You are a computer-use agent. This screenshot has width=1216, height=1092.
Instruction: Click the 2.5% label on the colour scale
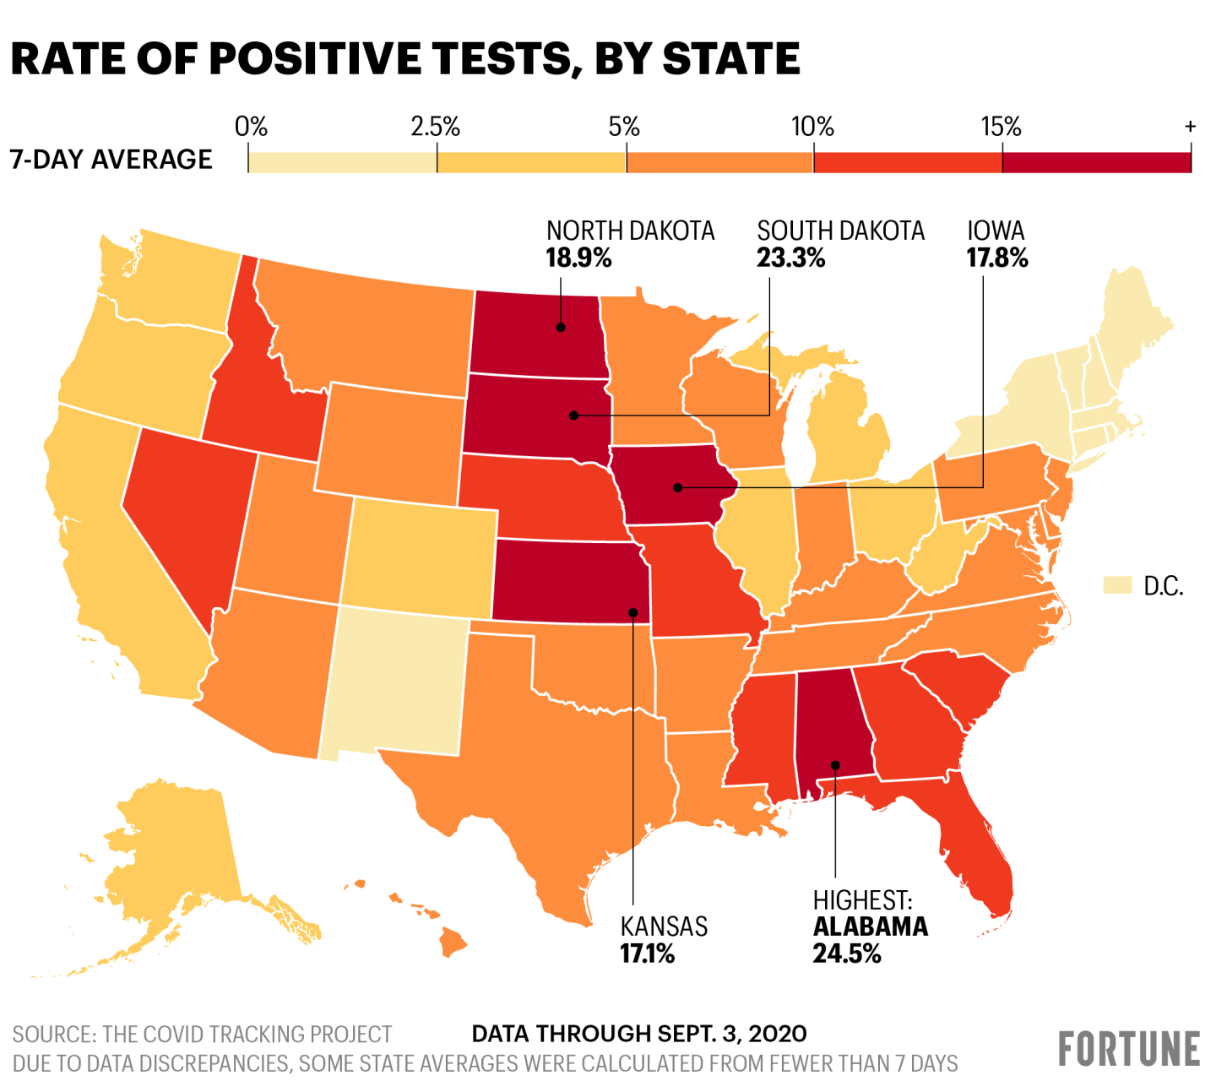pyautogui.click(x=435, y=128)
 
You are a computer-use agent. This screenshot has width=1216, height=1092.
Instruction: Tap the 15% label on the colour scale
pyautogui.click(x=1001, y=128)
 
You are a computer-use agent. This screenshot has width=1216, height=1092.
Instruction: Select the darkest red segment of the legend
pyautogui.click(x=1096, y=162)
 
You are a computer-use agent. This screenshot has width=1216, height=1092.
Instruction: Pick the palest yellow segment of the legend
pyautogui.click(x=342, y=162)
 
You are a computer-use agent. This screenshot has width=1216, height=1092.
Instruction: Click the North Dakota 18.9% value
pyautogui.click(x=578, y=258)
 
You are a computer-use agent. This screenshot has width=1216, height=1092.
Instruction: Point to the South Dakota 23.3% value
pyautogui.click(x=790, y=258)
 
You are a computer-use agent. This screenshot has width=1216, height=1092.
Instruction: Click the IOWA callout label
pyautogui.click(x=996, y=231)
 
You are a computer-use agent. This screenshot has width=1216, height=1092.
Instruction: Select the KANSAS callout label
pyautogui.click(x=664, y=926)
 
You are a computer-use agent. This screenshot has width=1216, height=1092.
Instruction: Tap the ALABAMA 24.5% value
pyautogui.click(x=847, y=954)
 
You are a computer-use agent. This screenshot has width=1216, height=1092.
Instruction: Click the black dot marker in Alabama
pyautogui.click(x=835, y=765)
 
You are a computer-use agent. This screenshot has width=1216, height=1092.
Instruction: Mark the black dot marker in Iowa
pyautogui.click(x=677, y=487)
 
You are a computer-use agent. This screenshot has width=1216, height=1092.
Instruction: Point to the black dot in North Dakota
pyautogui.click(x=560, y=326)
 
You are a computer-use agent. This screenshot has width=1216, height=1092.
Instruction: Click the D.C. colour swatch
pyautogui.click(x=1117, y=585)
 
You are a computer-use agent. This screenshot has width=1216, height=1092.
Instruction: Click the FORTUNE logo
pyautogui.click(x=1129, y=1049)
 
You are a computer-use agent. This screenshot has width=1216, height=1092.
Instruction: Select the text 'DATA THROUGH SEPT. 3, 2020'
pyautogui.click(x=639, y=1034)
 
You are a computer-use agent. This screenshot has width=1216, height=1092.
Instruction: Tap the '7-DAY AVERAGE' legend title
pyautogui.click(x=111, y=160)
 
